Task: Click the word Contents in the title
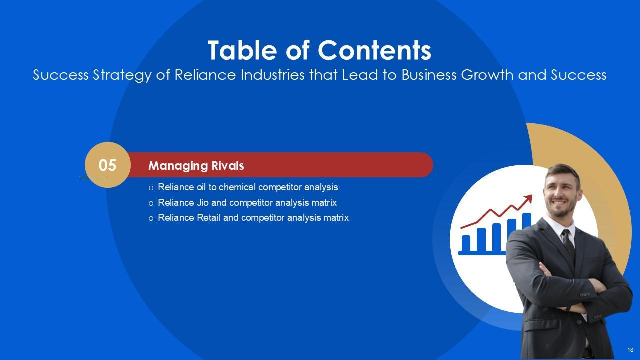point(374,50)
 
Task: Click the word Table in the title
point(242,50)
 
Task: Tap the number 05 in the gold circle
point(107,165)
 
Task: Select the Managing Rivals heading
point(196,166)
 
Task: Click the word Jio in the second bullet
point(203,203)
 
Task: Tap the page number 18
point(630,350)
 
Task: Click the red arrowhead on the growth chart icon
point(528,199)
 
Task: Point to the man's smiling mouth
point(559,203)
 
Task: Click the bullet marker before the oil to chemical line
point(151,188)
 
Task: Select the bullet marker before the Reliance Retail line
point(151,218)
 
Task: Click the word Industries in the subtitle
point(273,75)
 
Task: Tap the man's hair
point(562,171)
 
